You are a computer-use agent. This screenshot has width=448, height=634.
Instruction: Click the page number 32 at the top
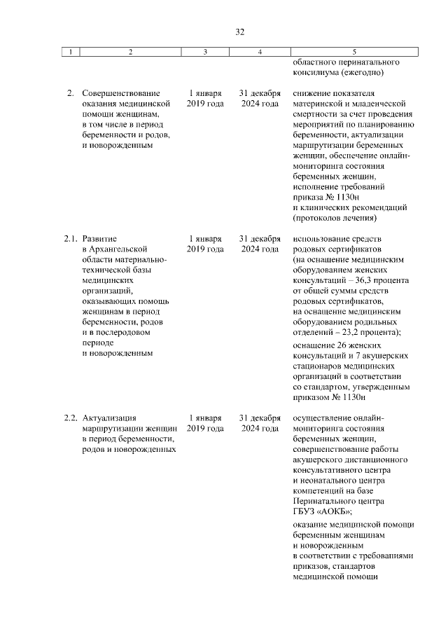click(239, 32)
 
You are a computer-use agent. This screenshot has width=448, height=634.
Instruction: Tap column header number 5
click(354, 52)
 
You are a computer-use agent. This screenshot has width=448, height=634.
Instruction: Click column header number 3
click(205, 52)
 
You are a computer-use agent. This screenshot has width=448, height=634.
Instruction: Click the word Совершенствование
click(120, 93)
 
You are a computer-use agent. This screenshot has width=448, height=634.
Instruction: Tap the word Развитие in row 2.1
click(99, 239)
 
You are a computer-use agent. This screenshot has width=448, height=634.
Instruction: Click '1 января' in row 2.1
click(205, 239)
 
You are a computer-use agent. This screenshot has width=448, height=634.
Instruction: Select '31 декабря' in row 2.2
click(260, 418)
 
